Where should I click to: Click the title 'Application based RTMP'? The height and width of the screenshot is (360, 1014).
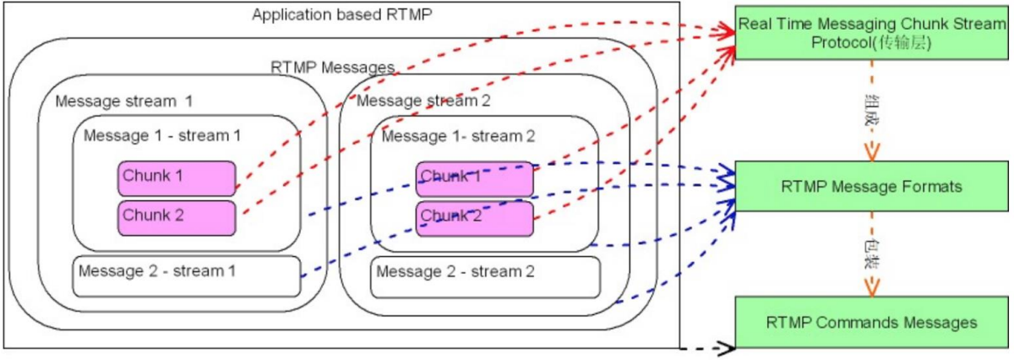point(342,15)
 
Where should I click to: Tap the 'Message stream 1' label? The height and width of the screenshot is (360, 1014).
point(124,101)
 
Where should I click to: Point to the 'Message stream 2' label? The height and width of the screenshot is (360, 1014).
point(423,101)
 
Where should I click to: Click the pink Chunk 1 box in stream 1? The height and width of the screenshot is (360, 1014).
point(176,177)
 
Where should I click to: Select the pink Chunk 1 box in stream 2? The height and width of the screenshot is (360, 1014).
point(474,177)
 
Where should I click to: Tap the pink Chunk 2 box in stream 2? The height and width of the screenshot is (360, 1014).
point(474,217)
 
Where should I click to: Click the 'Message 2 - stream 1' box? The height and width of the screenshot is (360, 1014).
point(187,275)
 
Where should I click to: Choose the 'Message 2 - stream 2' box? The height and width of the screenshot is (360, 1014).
point(485,275)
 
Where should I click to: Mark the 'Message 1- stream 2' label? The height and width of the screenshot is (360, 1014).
point(458,135)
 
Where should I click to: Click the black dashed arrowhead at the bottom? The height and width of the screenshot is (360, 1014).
point(726,347)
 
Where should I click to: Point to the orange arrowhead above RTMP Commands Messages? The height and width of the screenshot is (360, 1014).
point(870,287)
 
